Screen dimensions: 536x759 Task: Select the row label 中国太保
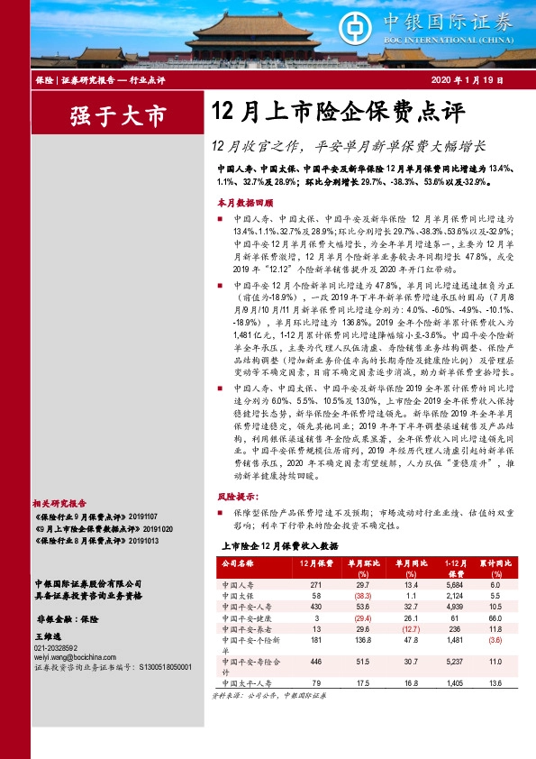click(236, 596)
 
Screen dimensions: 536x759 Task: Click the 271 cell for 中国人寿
click(315, 584)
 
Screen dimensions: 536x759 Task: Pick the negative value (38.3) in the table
click(361, 596)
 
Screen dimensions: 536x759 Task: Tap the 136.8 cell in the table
click(361, 641)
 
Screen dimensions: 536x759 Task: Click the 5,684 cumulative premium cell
click(456, 584)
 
